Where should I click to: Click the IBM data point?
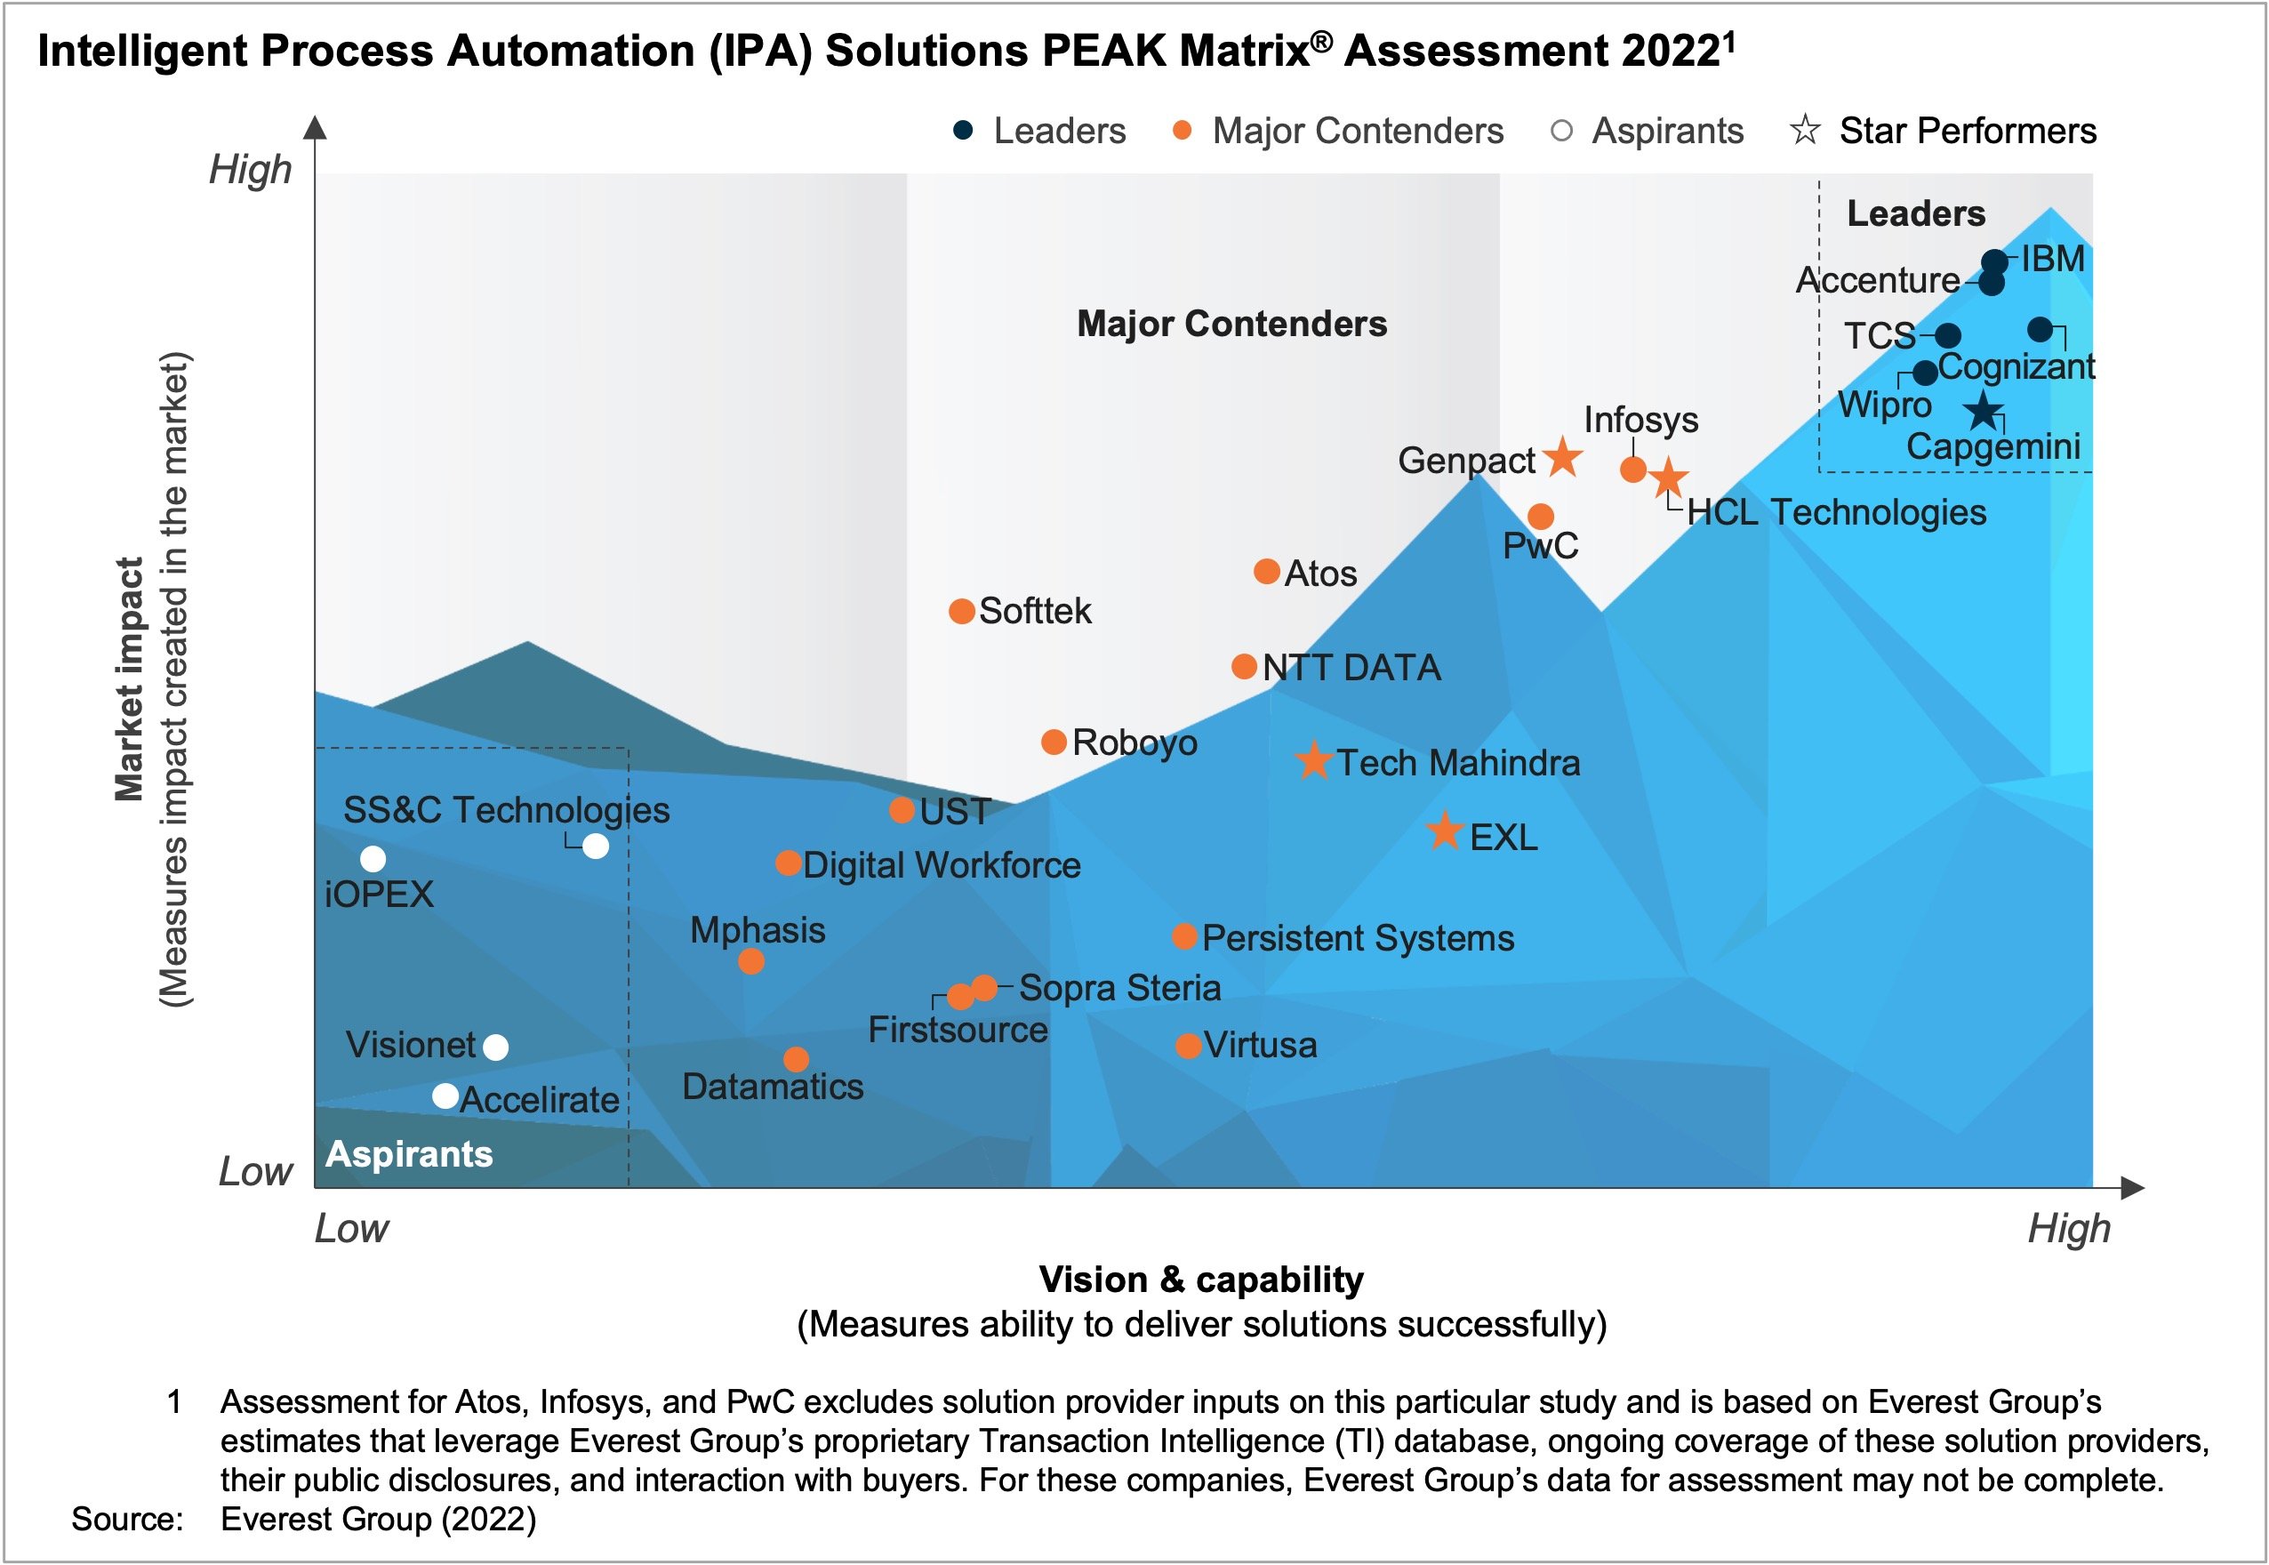pos(1993,261)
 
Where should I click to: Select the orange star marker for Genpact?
pos(1562,457)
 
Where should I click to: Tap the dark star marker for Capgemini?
pos(1983,411)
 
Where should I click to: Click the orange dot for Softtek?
pos(962,612)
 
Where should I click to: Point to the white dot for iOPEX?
pos(373,859)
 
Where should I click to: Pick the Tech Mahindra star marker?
pos(1314,762)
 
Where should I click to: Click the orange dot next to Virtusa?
pos(1189,1046)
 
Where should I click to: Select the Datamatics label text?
pos(773,1087)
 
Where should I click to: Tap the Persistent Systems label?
pos(1357,938)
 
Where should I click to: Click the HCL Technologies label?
pos(1836,512)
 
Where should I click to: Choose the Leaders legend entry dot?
pos(963,131)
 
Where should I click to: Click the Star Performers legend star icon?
pos(1804,131)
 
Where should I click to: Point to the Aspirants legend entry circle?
pos(1562,131)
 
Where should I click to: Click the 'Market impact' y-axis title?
pos(130,678)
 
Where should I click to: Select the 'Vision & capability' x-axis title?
pos(1200,1280)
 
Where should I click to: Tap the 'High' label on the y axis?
pos(251,170)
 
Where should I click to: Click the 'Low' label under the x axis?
pos(351,1229)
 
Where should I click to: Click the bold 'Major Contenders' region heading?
pos(1231,324)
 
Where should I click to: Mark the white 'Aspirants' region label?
pos(409,1154)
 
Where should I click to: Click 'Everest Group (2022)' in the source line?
pos(379,1519)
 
